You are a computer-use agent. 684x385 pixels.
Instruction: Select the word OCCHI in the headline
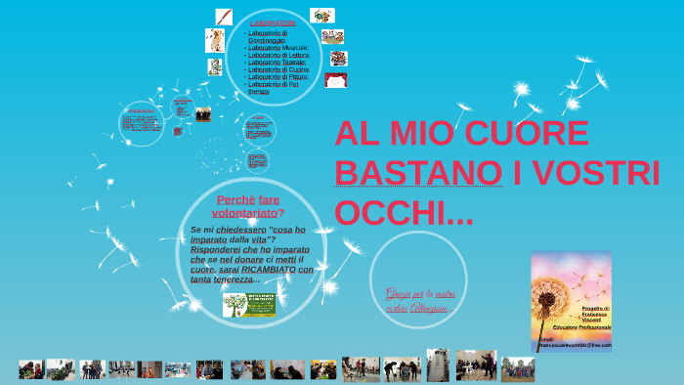pos(387,211)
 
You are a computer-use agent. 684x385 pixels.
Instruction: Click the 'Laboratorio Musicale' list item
pos(278,47)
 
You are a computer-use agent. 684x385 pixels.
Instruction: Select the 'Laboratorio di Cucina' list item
pos(278,69)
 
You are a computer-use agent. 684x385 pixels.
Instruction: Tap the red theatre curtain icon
pos(336,80)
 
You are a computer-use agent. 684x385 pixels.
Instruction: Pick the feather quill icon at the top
pos(224,17)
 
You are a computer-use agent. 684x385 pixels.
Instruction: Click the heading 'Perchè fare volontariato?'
pos(248,205)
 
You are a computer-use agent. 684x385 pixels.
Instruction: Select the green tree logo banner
pos(248,305)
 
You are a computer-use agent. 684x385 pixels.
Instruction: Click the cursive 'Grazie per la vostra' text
pos(418,292)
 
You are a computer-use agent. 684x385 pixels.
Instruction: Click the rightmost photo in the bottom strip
pos(517,368)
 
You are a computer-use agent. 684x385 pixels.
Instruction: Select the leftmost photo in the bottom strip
pos(30,369)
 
